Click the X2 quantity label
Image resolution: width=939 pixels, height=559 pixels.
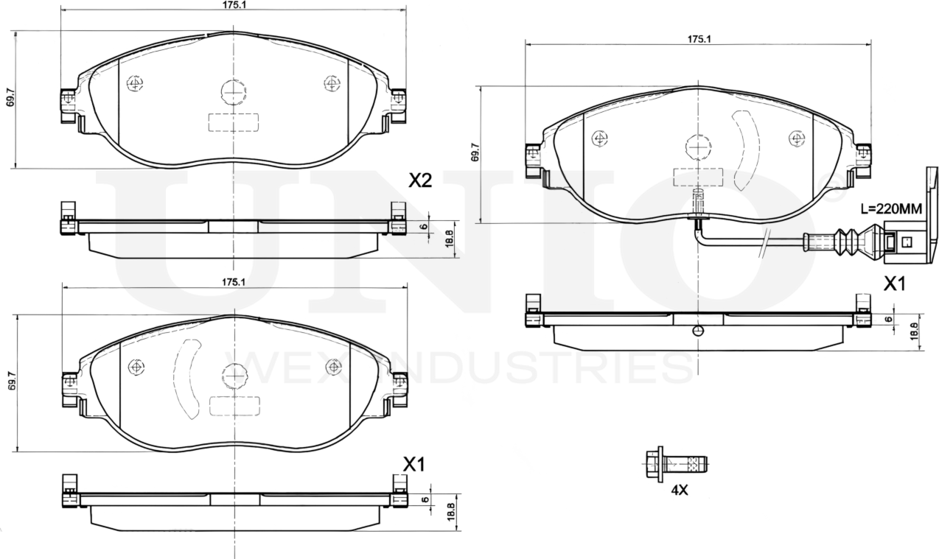(x=419, y=181)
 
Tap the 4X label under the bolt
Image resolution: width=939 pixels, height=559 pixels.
(x=679, y=490)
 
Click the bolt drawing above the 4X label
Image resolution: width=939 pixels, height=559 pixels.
(x=675, y=464)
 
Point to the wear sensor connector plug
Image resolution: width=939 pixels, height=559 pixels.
(x=901, y=241)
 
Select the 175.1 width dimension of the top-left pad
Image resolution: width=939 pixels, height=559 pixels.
(x=234, y=4)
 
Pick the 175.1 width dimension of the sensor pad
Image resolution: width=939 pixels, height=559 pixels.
(x=698, y=40)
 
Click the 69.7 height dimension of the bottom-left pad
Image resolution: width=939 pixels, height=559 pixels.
(x=11, y=383)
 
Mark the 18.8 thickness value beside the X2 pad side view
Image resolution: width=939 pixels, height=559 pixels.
(x=449, y=239)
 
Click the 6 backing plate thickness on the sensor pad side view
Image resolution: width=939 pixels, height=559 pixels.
(x=888, y=320)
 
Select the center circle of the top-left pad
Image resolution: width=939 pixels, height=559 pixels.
(x=234, y=92)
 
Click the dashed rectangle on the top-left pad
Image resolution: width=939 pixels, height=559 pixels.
(x=234, y=122)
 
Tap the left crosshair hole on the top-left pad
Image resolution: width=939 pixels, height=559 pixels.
(x=135, y=83)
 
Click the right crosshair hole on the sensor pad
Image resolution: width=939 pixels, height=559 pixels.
(x=796, y=138)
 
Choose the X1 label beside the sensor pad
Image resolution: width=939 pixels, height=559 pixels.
(x=893, y=284)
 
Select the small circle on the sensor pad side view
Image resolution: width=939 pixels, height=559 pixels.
(x=698, y=331)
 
